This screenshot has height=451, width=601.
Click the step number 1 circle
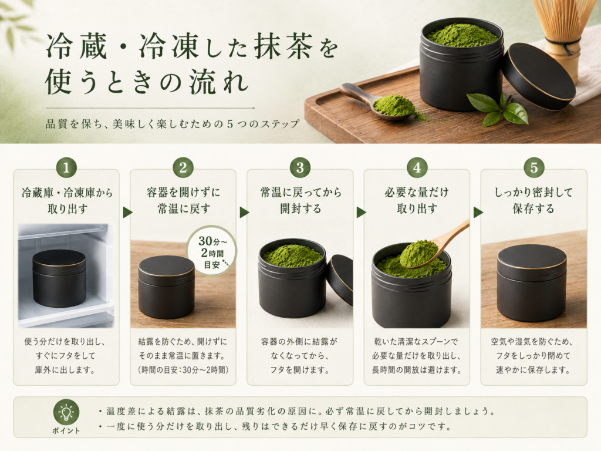[x=66, y=167]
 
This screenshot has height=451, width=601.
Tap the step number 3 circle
[x=300, y=167]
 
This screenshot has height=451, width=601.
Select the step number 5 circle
[x=534, y=167]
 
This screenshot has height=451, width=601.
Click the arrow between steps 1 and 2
[x=127, y=212]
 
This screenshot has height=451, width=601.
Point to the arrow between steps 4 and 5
[x=478, y=212]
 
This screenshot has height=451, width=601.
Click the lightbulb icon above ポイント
[x=66, y=412]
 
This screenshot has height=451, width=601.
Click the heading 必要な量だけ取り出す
[x=417, y=200]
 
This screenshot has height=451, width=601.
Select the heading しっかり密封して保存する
[x=534, y=200]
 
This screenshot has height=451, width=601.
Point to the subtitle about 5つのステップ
[x=173, y=124]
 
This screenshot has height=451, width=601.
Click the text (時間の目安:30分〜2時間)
[x=183, y=370]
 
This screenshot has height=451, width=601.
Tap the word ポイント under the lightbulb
[x=66, y=430]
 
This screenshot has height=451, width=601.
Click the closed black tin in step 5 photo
[x=532, y=283]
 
